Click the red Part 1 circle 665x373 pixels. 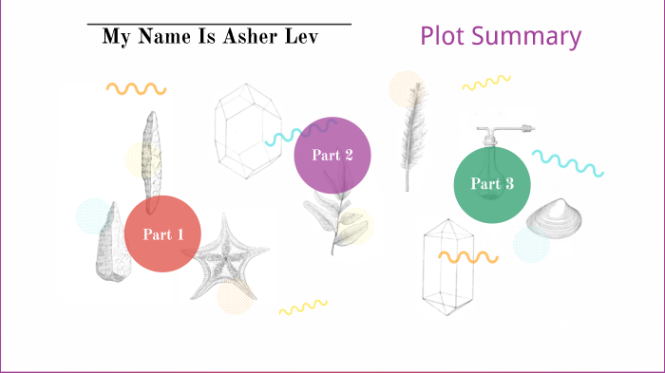point(162,233)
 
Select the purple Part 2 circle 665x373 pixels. point(332,155)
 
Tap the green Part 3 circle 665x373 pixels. point(492,184)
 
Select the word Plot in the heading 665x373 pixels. point(443,37)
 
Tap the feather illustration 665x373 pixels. point(411,133)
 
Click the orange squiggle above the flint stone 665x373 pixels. point(136,88)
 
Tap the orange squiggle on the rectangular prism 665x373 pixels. point(467,256)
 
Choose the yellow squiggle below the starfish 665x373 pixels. point(302,307)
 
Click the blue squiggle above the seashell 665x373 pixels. point(567,162)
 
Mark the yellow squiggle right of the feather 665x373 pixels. point(486,84)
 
